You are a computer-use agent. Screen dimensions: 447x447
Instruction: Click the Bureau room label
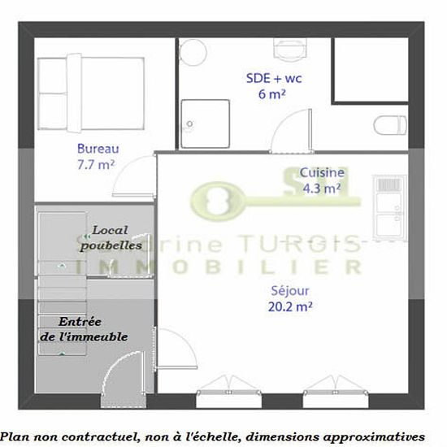tap(98, 149)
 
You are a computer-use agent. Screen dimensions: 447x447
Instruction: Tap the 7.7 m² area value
tap(96, 165)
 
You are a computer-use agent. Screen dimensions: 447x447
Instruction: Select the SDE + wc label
tap(274, 78)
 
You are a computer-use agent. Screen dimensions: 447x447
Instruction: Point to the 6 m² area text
tap(271, 94)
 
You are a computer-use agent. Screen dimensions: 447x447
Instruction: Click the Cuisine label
tap(322, 172)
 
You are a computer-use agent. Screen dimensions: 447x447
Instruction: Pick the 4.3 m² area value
tap(322, 189)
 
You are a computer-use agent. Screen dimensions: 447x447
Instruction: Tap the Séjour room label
tap(290, 291)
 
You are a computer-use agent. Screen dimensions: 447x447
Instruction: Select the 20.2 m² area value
tap(290, 306)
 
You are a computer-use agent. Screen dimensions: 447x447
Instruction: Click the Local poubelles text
tap(111, 238)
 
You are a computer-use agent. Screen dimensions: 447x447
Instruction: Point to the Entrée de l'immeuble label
tap(84, 329)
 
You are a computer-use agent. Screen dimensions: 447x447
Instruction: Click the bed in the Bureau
tap(91, 93)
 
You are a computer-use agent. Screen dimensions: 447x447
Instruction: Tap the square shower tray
tap(206, 124)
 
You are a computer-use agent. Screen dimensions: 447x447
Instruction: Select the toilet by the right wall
tap(390, 125)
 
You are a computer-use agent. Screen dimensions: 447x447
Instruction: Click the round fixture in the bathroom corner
tap(193, 53)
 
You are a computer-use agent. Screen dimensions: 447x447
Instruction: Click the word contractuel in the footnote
tap(98, 436)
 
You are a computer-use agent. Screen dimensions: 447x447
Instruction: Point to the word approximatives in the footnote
tap(374, 437)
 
